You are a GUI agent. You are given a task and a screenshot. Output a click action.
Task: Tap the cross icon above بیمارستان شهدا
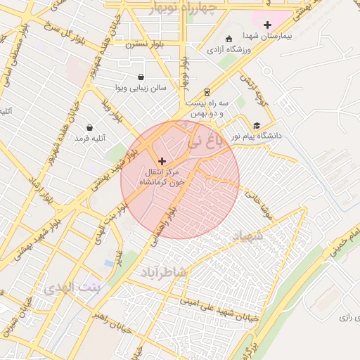pos(267,25)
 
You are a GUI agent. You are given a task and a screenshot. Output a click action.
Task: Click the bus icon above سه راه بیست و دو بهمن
pos(207,92)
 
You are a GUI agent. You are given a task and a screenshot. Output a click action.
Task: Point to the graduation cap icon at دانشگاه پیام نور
pos(257,125)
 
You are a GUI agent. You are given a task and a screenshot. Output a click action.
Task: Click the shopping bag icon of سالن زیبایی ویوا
pos(141,77)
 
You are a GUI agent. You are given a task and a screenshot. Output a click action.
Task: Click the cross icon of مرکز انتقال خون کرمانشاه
pos(162,161)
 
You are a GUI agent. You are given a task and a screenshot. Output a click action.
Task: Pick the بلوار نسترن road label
pos(144,44)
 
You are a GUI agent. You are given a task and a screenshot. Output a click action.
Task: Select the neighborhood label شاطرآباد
pos(167,271)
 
